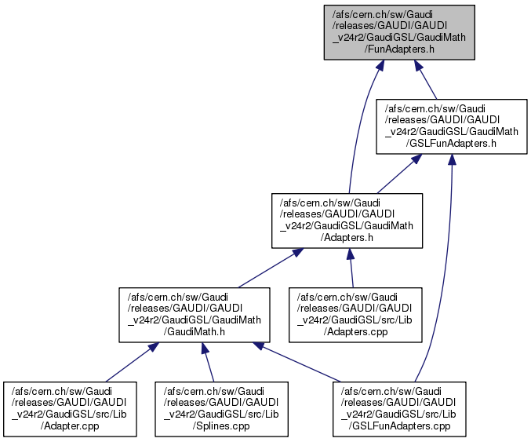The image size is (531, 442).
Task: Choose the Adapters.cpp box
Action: [352, 314]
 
